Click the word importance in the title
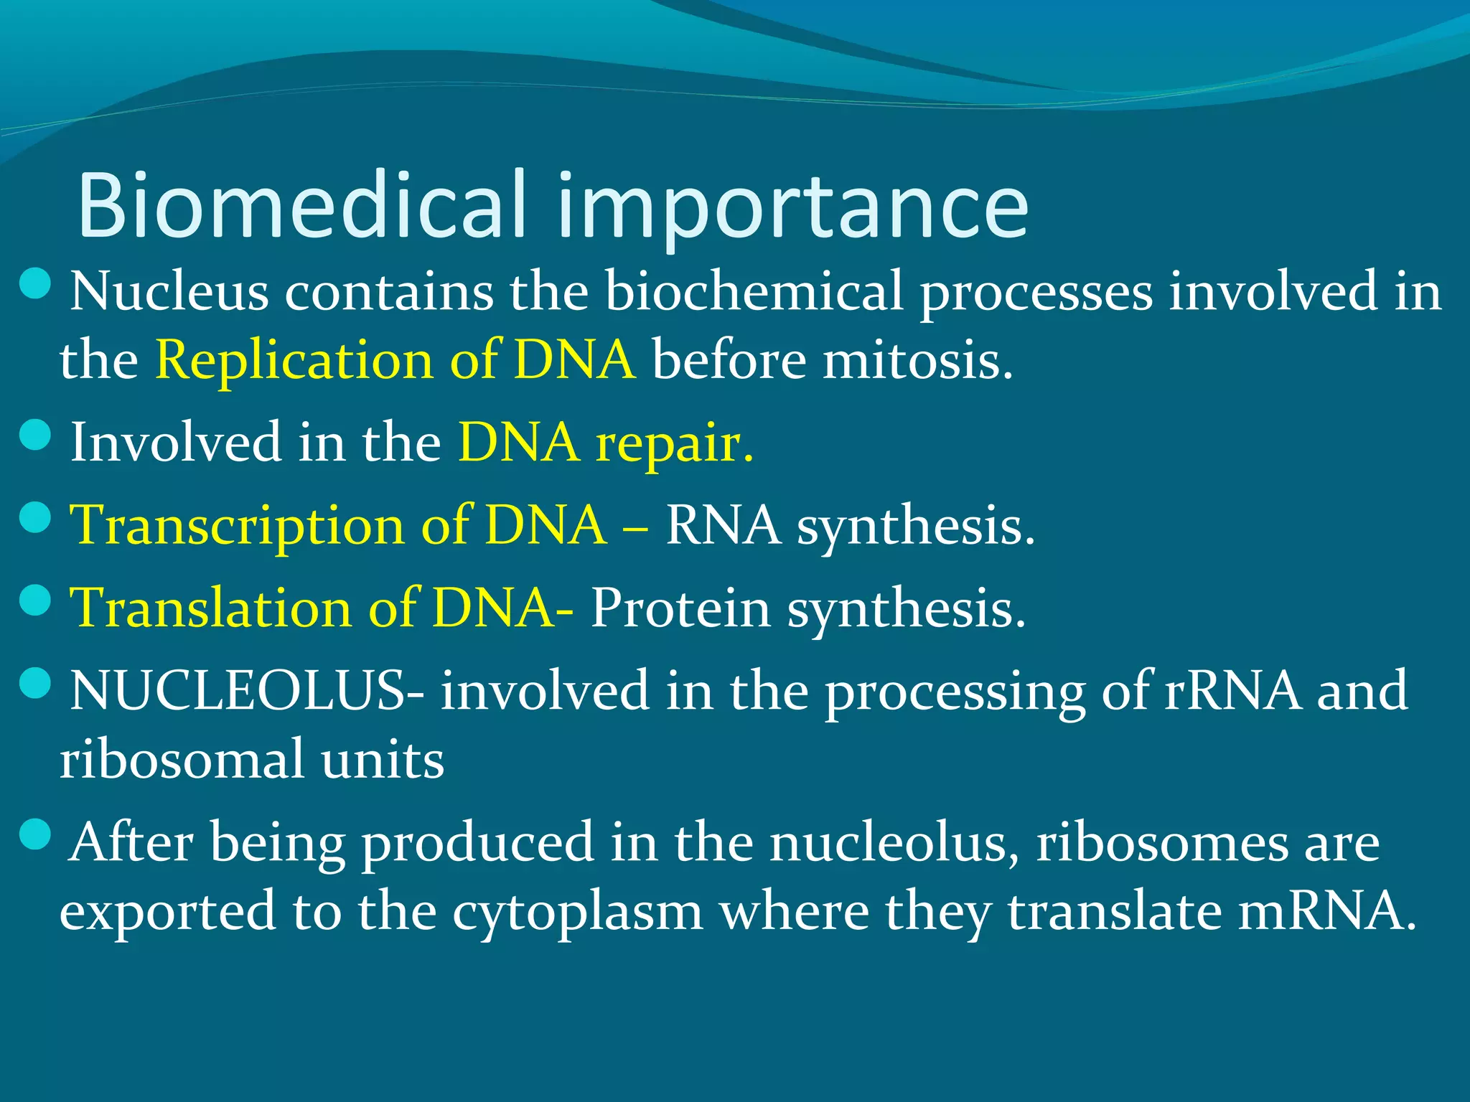click(x=792, y=208)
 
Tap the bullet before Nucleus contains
click(x=34, y=283)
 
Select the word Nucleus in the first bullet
click(x=169, y=291)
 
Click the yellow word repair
click(x=675, y=443)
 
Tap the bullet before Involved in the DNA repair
click(x=34, y=434)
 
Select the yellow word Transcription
click(x=237, y=526)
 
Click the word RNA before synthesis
click(x=723, y=524)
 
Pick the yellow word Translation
click(x=210, y=608)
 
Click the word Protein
click(x=680, y=608)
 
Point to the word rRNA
click(x=1232, y=690)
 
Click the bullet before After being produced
click(x=34, y=834)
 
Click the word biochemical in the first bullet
click(x=754, y=291)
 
